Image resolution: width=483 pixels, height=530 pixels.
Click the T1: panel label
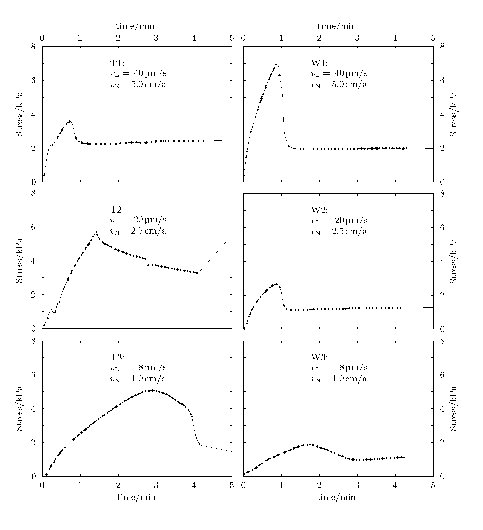(x=117, y=63)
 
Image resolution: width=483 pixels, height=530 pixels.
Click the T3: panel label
(x=117, y=357)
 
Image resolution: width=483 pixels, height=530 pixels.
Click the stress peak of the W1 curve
(x=277, y=64)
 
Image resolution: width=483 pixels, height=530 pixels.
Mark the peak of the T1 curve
(x=70, y=121)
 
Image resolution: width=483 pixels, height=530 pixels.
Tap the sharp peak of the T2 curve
(x=96, y=232)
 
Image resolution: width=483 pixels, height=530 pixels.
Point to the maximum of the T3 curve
(x=152, y=390)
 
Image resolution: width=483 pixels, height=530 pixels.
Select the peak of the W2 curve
(x=276, y=284)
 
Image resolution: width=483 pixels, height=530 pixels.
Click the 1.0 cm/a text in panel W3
(x=349, y=379)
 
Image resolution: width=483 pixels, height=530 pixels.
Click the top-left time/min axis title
(x=135, y=26)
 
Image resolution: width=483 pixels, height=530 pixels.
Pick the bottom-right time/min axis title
(x=336, y=497)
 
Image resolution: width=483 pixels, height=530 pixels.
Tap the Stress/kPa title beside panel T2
(x=19, y=261)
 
